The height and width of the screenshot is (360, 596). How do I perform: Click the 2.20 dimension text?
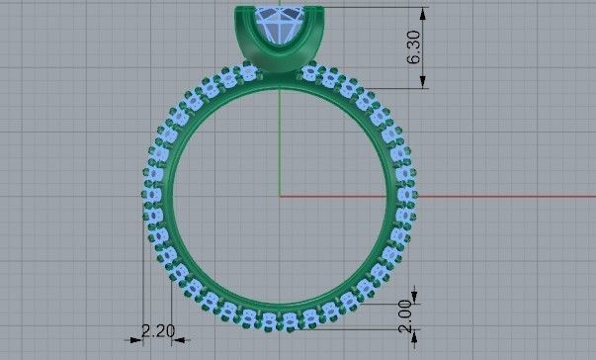tap(159, 330)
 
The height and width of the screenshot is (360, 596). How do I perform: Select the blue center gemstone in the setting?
tap(282, 24)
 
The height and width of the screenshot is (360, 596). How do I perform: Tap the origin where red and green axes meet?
tap(281, 196)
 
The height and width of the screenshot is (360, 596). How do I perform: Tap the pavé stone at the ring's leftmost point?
tap(152, 197)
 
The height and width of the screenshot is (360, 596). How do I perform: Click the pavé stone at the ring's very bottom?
tap(281, 317)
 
